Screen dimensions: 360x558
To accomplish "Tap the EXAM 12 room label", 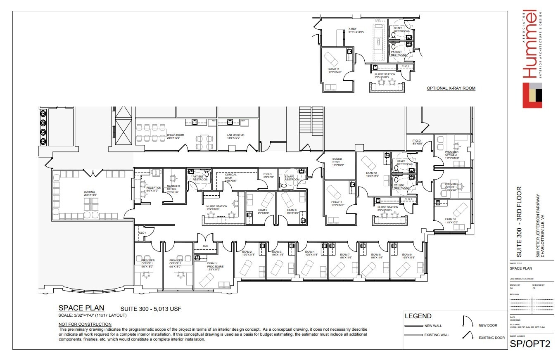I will click(372, 174).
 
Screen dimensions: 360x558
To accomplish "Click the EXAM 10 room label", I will click(451, 220).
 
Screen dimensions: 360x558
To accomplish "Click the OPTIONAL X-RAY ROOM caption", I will click(451, 88).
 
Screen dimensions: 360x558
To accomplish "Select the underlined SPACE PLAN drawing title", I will click(81, 308).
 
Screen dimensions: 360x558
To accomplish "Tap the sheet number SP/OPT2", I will click(530, 343).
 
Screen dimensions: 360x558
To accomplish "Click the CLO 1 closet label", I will click(142, 233).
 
